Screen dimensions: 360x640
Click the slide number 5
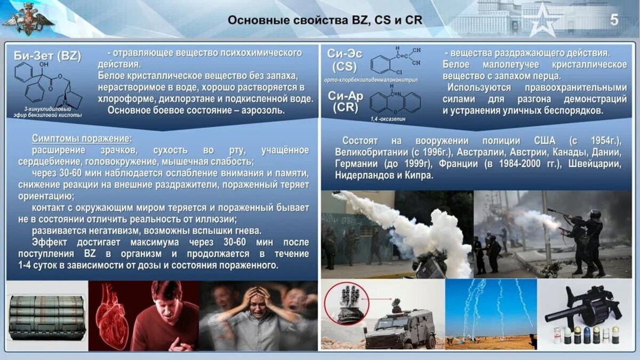(x=614, y=20)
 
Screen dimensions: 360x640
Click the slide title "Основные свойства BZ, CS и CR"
(x=325, y=20)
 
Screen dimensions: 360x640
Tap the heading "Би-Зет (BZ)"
(x=47, y=56)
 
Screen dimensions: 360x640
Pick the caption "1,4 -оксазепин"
(x=388, y=119)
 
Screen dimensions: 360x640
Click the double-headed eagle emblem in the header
(x=29, y=20)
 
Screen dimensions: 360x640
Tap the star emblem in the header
(x=540, y=20)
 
